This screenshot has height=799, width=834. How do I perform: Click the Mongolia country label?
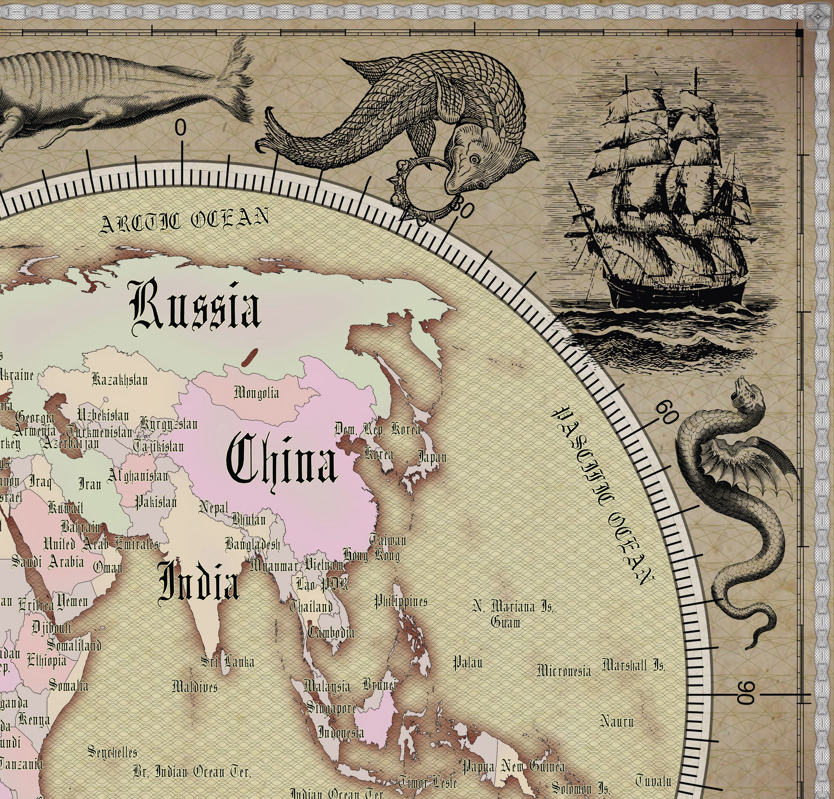pyautogui.click(x=256, y=393)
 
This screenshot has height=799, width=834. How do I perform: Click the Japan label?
pyautogui.click(x=432, y=457)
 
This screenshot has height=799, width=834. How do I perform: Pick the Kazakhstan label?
pyautogui.click(x=119, y=380)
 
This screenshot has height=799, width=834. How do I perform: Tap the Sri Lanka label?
pyautogui.click(x=227, y=662)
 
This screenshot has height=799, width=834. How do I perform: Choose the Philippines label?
pyautogui.click(x=400, y=601)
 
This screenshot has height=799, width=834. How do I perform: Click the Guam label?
pyautogui.click(x=505, y=622)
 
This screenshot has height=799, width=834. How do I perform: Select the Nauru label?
pyautogui.click(x=617, y=720)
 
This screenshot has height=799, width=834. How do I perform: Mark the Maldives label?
pyautogui.click(x=194, y=686)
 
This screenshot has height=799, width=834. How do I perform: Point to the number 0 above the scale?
pyautogui.click(x=180, y=128)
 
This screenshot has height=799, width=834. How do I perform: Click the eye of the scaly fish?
pyautogui.click(x=474, y=159)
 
